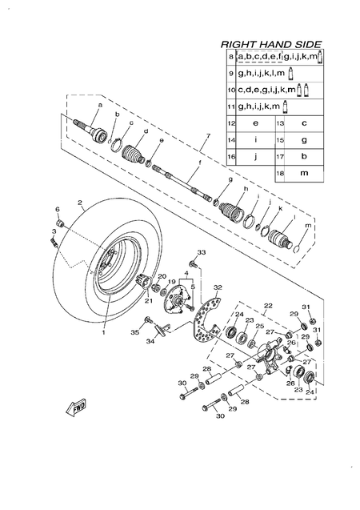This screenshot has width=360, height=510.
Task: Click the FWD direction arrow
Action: click(x=76, y=408)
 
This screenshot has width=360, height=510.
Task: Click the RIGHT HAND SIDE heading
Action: click(x=271, y=45)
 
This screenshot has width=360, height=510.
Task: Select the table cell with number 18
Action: click(x=280, y=173)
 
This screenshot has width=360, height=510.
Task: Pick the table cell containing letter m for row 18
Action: click(x=304, y=173)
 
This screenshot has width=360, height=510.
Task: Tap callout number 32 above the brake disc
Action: click(x=218, y=287)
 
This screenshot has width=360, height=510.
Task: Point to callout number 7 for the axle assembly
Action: click(x=208, y=135)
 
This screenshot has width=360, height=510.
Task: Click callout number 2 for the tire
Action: click(x=80, y=203)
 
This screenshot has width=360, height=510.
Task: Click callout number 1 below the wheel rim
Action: click(x=104, y=332)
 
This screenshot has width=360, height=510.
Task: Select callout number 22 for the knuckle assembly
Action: click(x=268, y=306)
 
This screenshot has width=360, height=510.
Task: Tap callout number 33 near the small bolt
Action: click(x=202, y=252)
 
